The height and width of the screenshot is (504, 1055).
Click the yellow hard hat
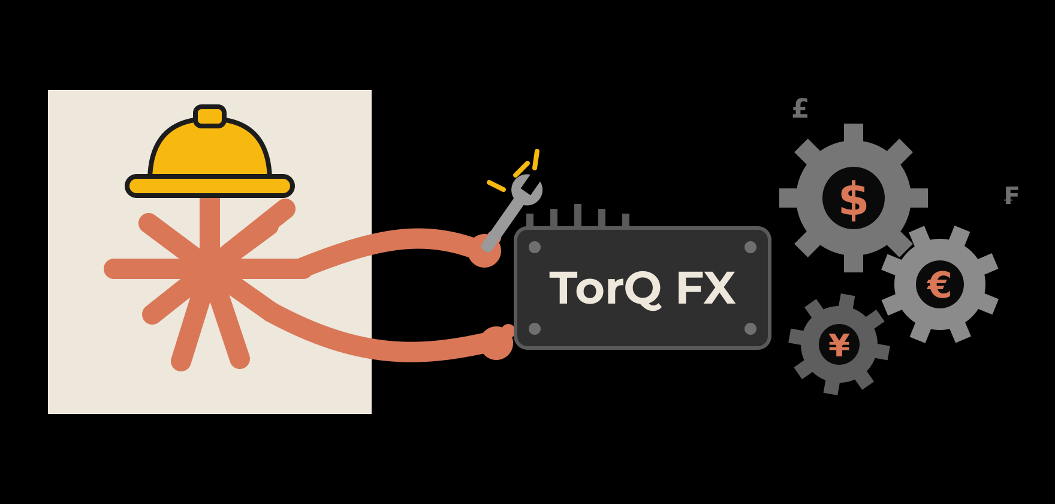tap(210, 153)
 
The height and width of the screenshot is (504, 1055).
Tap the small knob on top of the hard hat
tap(210, 116)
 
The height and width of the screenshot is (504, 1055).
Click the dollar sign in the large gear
tap(854, 199)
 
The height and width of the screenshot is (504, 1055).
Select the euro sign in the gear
tap(939, 284)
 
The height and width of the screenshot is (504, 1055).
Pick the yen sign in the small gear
tap(839, 344)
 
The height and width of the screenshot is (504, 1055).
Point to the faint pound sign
tap(800, 108)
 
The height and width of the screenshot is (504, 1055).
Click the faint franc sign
tap(1011, 194)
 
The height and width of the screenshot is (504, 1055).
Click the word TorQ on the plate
tap(605, 289)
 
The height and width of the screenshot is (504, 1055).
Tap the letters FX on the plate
tap(706, 289)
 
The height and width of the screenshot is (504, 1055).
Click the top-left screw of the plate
tap(535, 247)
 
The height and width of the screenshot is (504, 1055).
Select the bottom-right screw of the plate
tap(750, 329)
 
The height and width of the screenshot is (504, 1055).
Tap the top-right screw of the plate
tap(750, 247)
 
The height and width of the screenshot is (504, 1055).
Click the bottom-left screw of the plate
tap(535, 329)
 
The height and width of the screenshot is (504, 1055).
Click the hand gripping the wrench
tap(484, 251)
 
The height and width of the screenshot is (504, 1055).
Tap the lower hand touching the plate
tap(497, 343)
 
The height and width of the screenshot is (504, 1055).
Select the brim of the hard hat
tap(210, 186)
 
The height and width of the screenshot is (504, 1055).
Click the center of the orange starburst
tap(210, 269)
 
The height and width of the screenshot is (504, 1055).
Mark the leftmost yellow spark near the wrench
tap(496, 186)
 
